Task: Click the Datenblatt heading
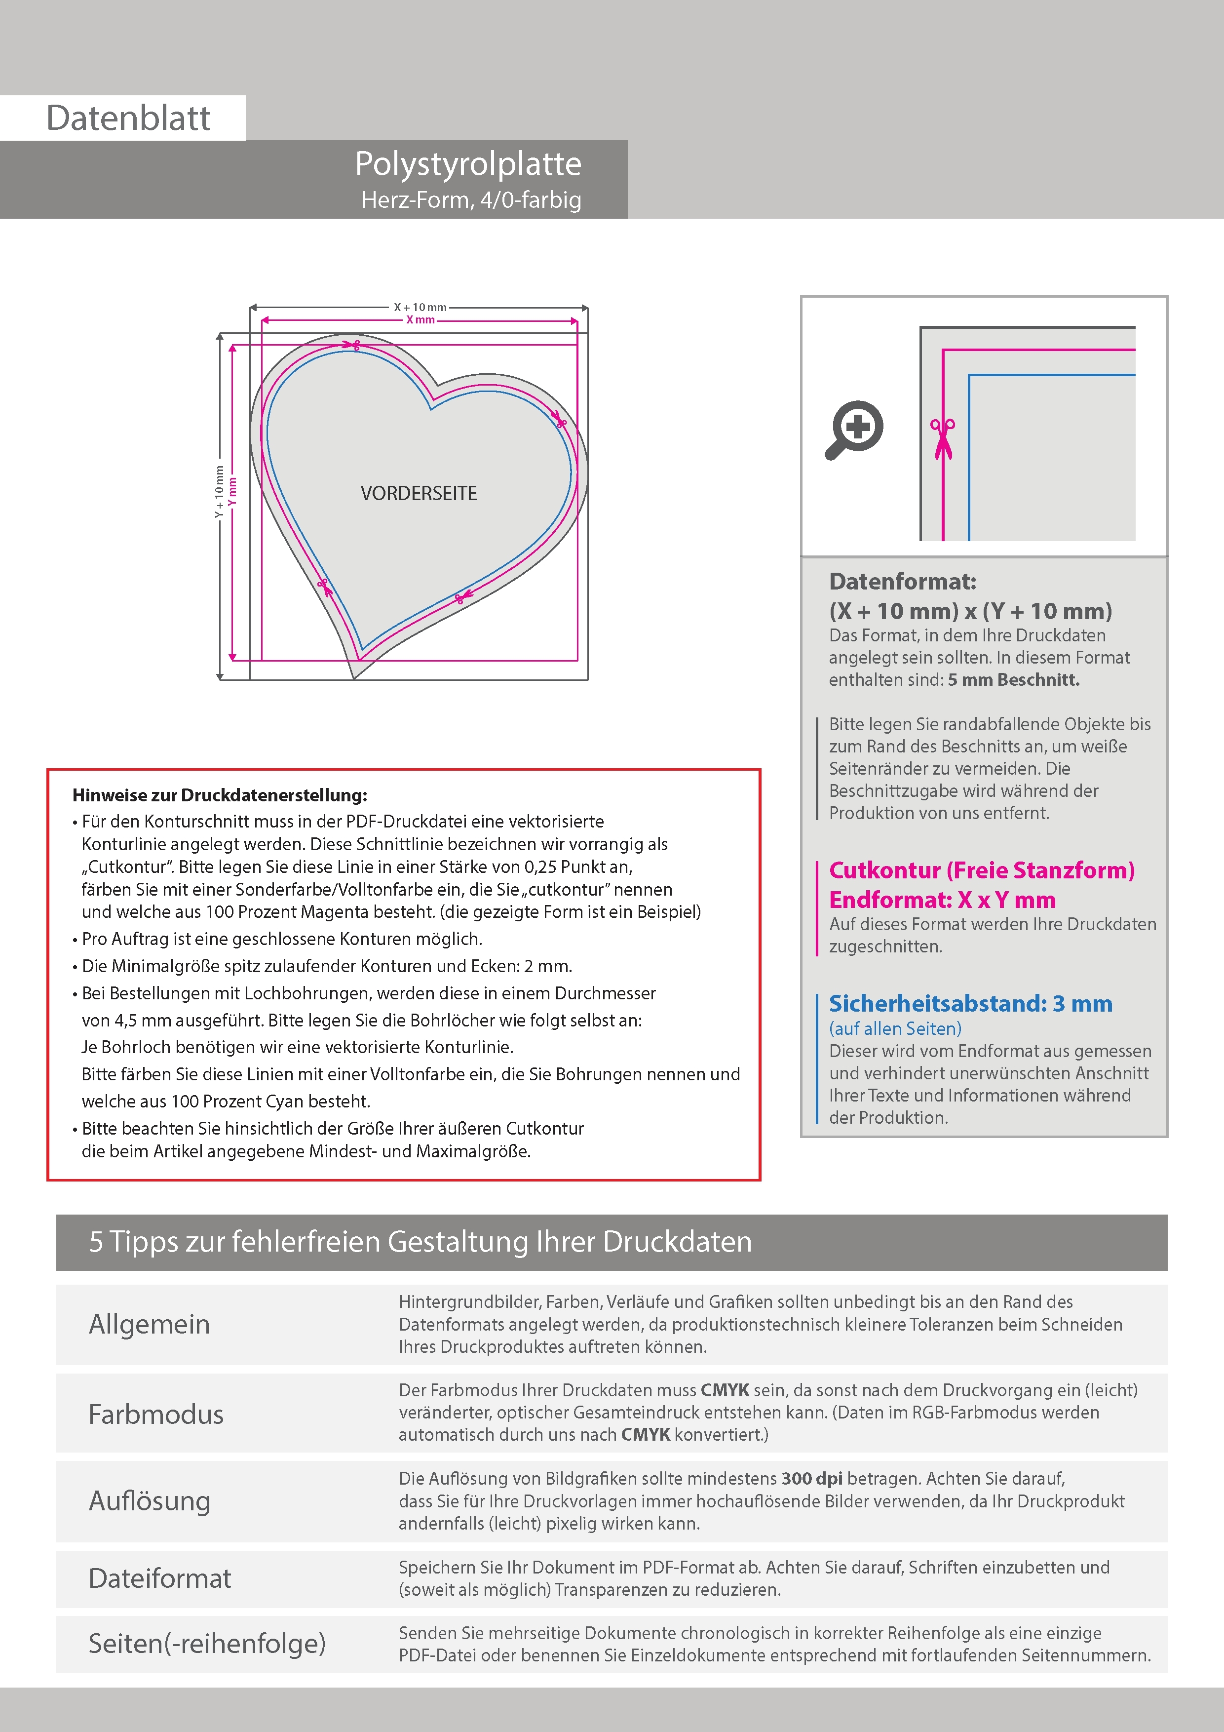tap(128, 118)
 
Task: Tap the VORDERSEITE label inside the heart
tap(419, 493)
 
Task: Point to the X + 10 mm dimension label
tap(420, 307)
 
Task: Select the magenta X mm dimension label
tap(420, 320)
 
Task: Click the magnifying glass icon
tap(854, 429)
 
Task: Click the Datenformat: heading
tap(902, 582)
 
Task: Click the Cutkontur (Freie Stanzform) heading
tap(981, 870)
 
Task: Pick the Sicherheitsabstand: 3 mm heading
tap(970, 1004)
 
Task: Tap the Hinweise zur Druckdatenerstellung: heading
tap(220, 795)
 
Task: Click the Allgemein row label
tap(150, 1325)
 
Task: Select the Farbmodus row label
tap(155, 1415)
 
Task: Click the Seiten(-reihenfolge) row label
tap(207, 1643)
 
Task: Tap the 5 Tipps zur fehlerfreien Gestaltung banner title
tap(420, 1242)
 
